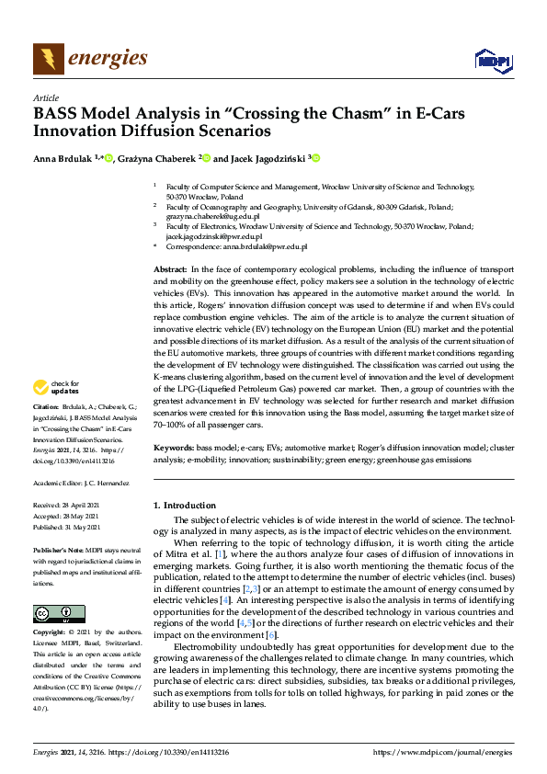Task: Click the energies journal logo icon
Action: tap(49, 58)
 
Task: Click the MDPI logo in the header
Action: tap(493, 60)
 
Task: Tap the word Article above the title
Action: tap(46, 97)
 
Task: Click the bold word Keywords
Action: tap(174, 446)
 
